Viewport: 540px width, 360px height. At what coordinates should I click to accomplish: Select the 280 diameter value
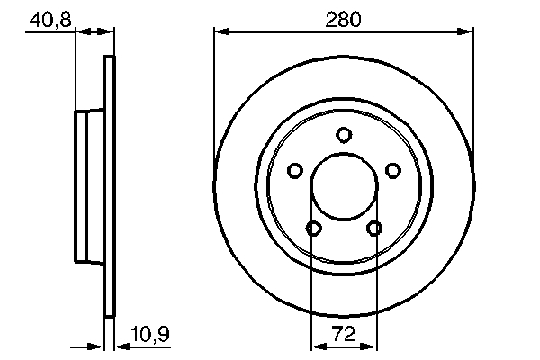[344, 17]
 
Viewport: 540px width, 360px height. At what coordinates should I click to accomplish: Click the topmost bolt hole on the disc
[344, 135]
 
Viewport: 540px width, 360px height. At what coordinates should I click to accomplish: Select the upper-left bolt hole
[294, 170]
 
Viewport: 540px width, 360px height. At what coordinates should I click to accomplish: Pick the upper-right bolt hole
[392, 170]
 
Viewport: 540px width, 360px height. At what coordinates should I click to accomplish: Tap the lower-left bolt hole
[313, 229]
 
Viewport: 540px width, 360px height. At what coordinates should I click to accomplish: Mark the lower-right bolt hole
[373, 229]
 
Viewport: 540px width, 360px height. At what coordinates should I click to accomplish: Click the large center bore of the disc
[344, 188]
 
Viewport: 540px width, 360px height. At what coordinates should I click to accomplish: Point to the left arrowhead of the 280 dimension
[220, 32]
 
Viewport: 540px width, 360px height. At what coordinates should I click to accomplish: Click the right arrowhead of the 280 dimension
[467, 32]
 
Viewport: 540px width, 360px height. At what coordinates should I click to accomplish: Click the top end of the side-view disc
[111, 60]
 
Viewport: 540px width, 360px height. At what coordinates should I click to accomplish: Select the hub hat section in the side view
[88, 188]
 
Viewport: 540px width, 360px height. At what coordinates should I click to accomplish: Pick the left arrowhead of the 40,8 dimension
[79, 32]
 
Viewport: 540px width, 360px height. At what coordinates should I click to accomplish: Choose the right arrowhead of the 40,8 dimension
[110, 32]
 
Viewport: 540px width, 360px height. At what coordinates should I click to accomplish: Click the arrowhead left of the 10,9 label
[99, 346]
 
